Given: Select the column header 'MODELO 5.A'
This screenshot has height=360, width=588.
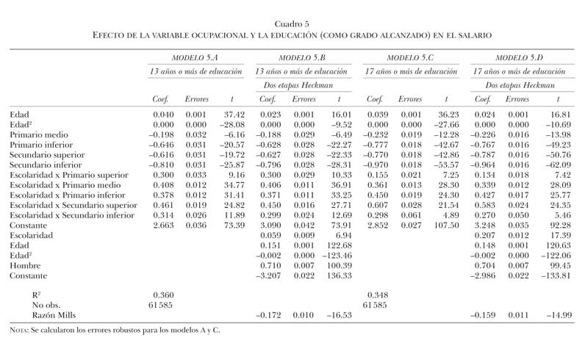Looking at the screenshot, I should click(x=195, y=57).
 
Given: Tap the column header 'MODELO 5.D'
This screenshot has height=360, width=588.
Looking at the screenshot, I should click(x=519, y=57).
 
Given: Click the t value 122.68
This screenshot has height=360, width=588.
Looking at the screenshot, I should click(x=335, y=245).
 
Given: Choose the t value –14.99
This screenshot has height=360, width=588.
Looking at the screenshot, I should click(x=552, y=314).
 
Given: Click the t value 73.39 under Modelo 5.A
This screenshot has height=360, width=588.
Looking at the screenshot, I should click(x=229, y=225).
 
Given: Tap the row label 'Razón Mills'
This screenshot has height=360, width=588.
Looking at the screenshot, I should click(x=46, y=314).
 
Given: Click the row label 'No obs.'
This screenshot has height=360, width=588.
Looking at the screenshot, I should click(x=38, y=304).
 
